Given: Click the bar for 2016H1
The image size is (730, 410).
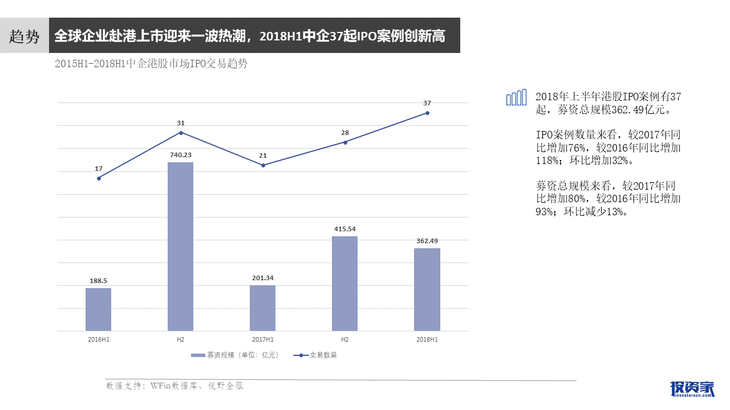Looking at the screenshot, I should coord(99,309).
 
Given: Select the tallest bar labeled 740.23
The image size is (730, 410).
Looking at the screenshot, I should coord(180,246).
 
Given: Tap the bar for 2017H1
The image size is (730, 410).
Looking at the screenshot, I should coord(262,307).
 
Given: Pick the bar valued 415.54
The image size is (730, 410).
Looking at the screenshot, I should coord(344,283).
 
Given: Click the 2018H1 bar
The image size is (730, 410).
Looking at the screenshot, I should coord(427,289).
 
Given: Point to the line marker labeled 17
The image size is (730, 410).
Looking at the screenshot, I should coord(99,178).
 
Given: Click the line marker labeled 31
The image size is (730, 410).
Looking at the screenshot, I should coord(181,133).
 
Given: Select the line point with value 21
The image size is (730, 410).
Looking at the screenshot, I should coord(263,165).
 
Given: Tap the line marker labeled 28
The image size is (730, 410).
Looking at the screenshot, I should coord(345,142).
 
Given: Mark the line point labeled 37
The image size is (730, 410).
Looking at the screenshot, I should coord(427,113).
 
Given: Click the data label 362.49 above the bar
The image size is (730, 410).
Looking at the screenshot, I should coord(427,241).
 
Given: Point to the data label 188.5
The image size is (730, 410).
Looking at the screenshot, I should coord(99,281).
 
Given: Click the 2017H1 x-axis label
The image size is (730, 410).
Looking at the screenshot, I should coord(262,339).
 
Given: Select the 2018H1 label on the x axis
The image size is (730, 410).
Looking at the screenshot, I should coord(427,339).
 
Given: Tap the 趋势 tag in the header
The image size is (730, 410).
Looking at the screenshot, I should coord(25,37).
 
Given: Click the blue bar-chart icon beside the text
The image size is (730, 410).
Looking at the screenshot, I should coord(516,98).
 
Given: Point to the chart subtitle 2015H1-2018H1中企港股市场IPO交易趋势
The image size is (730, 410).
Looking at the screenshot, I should coord(151,64).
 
